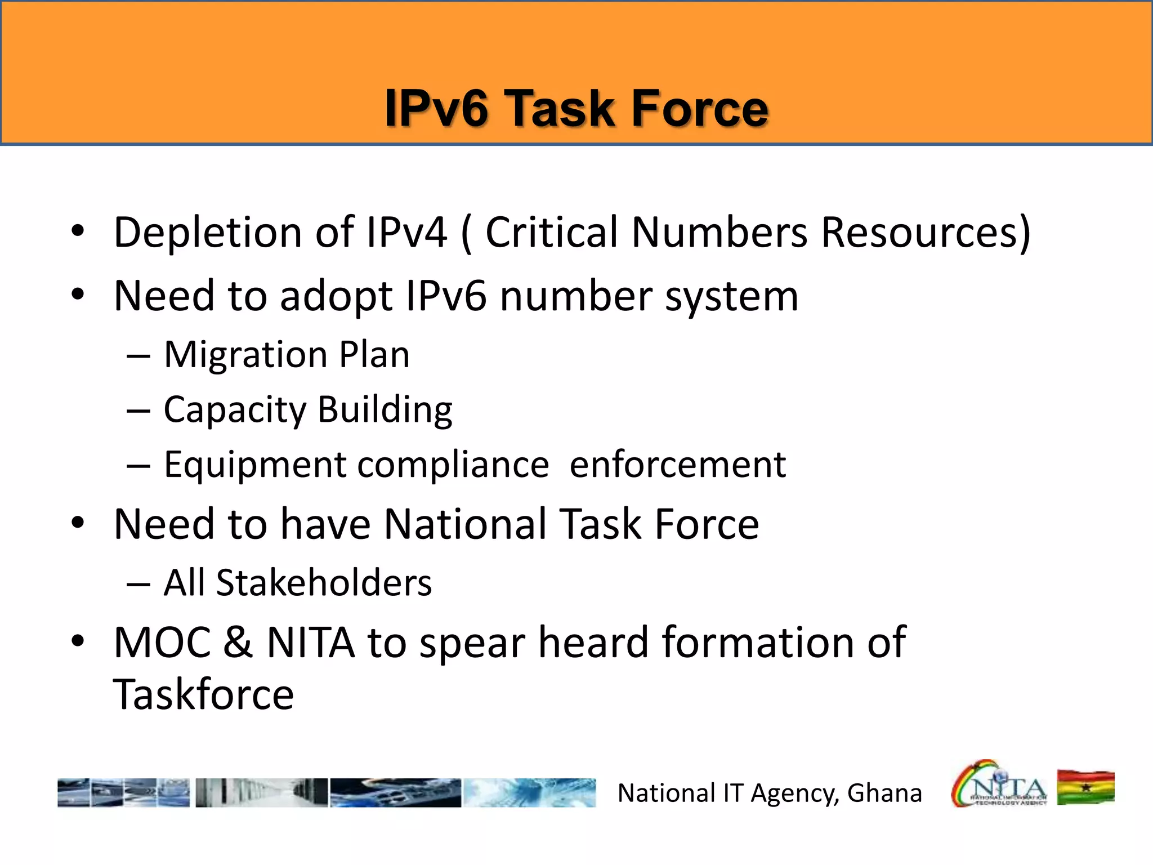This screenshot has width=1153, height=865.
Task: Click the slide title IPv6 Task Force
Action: [x=576, y=108]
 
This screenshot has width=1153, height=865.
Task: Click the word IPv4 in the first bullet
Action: [x=406, y=233]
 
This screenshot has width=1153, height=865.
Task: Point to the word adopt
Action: [x=336, y=297]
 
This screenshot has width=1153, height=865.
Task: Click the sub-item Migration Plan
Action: [x=287, y=355]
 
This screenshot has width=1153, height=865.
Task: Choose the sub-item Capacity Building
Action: [x=307, y=410]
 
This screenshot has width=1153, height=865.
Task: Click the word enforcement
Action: [x=677, y=466]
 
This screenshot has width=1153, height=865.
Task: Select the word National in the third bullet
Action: [x=465, y=524]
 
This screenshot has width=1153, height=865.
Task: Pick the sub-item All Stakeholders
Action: [x=297, y=583]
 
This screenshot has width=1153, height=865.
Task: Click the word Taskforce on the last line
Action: [x=203, y=695]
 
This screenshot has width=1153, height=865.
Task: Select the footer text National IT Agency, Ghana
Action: [x=770, y=793]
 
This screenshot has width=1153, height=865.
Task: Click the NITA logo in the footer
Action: [x=999, y=784]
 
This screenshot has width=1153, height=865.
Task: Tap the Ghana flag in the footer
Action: [x=1085, y=787]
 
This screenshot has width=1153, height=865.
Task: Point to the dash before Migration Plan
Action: [x=138, y=357]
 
